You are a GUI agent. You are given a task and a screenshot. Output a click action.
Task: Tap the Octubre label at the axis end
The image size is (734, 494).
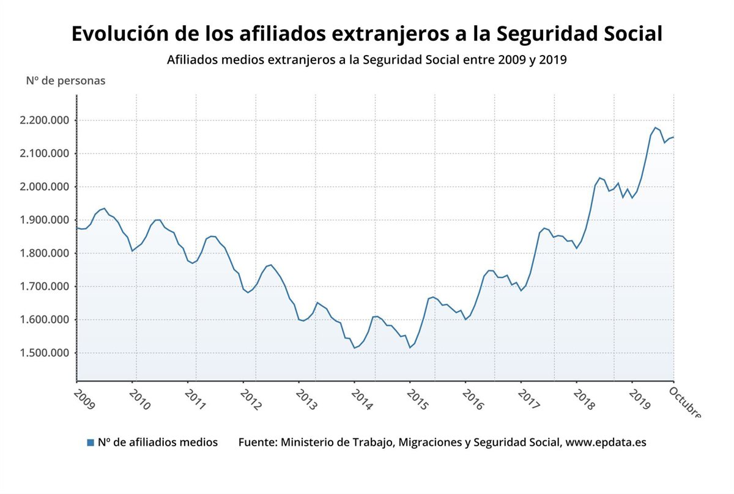(x=685, y=404)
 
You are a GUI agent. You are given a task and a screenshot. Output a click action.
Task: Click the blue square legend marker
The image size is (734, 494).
(x=91, y=443)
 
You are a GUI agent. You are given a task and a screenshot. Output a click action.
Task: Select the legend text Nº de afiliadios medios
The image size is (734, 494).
(x=158, y=442)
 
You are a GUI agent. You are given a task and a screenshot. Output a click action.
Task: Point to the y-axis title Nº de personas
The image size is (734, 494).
(x=65, y=81)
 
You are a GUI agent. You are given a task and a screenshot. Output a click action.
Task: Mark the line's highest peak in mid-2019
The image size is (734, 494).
(x=655, y=128)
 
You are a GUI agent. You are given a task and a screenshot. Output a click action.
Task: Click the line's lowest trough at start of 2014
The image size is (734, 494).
(x=354, y=348)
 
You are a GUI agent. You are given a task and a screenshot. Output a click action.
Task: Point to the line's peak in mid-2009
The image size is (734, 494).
(x=104, y=208)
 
